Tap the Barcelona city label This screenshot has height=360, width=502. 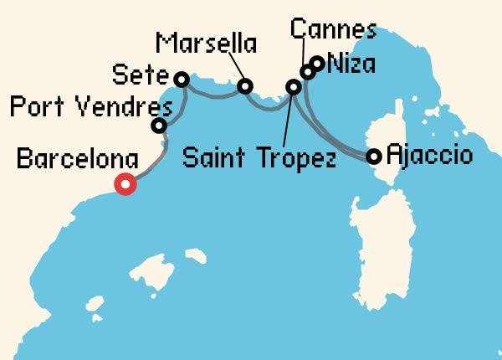pyautogui.click(x=78, y=157)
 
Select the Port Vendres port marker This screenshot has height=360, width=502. pyautogui.click(x=158, y=126)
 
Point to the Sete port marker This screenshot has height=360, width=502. pyautogui.click(x=181, y=80)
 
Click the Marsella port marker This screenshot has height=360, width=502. pyautogui.click(x=245, y=86)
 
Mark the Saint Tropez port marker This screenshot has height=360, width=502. pyautogui.click(x=294, y=87)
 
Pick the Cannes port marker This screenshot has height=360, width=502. pyautogui.click(x=307, y=73)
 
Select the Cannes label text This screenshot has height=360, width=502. pyautogui.click(x=333, y=30)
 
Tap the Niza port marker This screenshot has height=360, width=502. pyautogui.click(x=317, y=62)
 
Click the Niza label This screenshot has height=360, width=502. pyautogui.click(x=352, y=63)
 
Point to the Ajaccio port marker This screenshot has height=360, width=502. pyautogui.click(x=374, y=156)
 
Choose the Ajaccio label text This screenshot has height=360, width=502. pyautogui.click(x=430, y=156)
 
